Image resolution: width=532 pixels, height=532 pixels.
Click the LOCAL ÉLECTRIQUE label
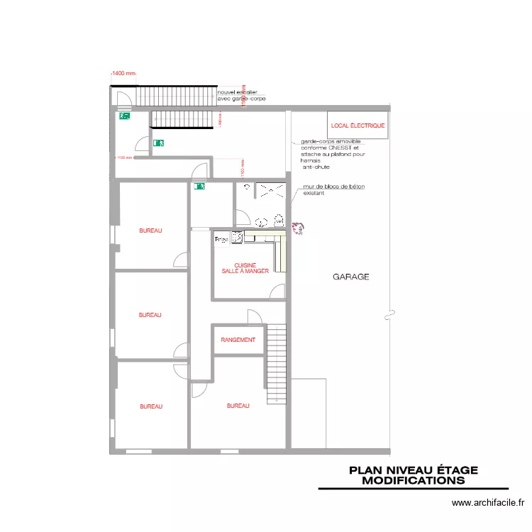pos(358,126)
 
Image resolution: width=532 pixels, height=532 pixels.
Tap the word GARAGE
pos(351,277)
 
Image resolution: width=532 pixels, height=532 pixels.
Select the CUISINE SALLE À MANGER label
pos(245,268)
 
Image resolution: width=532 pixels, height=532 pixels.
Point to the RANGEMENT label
pos(238,340)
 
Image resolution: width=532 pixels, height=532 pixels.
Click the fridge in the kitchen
pos(221,240)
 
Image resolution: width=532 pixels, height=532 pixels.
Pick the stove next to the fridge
pos(237,238)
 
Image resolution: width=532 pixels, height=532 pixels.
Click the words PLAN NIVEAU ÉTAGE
pos(414,470)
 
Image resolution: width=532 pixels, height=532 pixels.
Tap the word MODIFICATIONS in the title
pos(414,480)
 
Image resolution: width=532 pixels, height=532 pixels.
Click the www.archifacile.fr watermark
pos(488,504)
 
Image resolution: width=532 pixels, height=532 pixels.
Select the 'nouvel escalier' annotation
pos(238,93)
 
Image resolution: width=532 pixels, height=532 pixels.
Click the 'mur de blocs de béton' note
pos(333,187)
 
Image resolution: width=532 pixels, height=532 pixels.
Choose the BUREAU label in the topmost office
pos(150,231)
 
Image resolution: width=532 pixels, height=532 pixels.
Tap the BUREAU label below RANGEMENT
pos(238,406)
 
